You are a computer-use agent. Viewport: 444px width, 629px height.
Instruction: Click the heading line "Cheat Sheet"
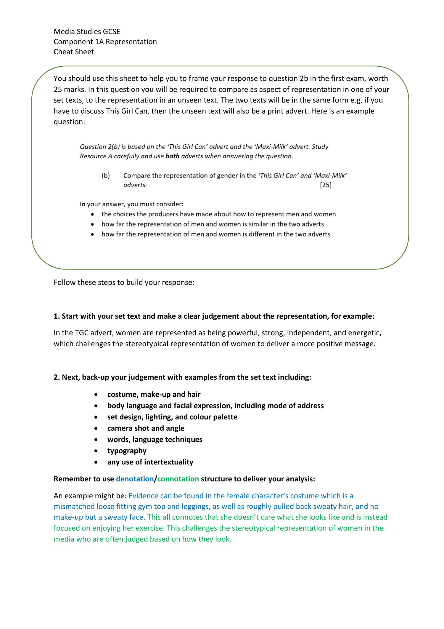coord(74,52)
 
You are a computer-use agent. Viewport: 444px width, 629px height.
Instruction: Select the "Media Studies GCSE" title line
coord(87,32)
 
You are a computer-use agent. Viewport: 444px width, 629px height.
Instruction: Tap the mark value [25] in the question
coord(326,185)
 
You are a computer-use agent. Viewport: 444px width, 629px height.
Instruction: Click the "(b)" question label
coord(106,175)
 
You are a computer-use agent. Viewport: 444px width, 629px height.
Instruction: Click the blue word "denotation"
coord(135,479)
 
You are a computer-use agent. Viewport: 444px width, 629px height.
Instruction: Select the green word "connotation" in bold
coord(178,479)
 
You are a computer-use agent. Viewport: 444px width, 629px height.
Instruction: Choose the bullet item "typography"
coord(127,451)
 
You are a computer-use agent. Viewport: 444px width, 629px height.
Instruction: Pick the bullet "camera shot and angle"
coord(146,428)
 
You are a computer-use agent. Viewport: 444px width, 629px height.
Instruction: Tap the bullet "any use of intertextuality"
coord(150,462)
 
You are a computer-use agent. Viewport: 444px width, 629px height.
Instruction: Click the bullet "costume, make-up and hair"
coord(154,395)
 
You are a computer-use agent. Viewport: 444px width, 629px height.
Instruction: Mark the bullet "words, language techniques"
coord(155,440)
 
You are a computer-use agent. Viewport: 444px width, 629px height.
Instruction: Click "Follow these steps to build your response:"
coord(124,282)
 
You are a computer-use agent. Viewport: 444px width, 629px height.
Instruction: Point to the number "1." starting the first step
coord(57,316)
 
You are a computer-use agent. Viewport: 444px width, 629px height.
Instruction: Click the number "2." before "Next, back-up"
coord(57,377)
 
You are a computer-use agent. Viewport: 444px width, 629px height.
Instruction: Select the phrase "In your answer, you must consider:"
coord(131,204)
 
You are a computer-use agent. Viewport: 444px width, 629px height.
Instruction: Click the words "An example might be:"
coord(90,496)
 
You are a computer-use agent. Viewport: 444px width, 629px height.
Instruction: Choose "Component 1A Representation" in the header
coord(105,42)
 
